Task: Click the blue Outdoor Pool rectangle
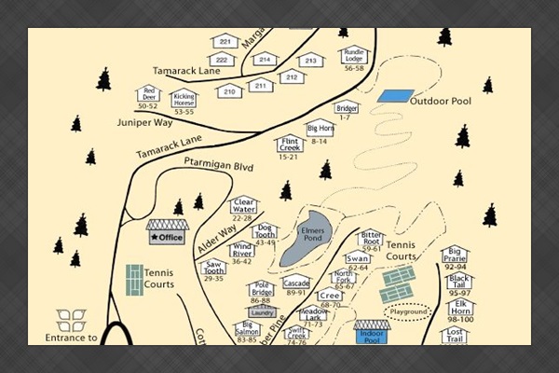tap(395, 96)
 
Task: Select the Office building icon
tap(168, 232)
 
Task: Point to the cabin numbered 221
tap(225, 42)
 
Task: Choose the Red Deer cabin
tap(147, 95)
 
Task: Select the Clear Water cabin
tap(243, 204)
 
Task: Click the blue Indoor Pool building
tap(373, 332)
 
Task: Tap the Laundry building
tap(262, 311)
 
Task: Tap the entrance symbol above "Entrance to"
tap(71, 321)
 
